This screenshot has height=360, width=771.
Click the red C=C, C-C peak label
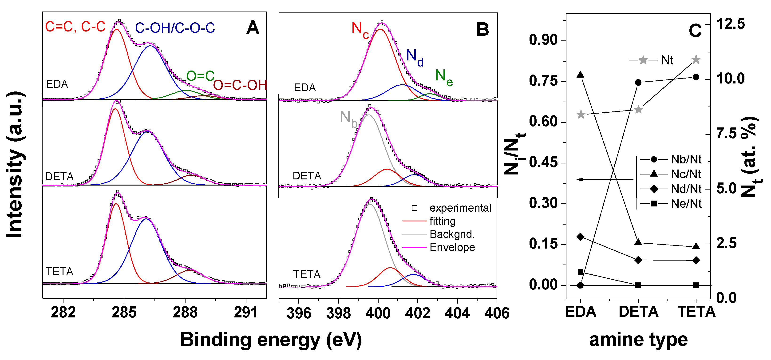[x=75, y=27]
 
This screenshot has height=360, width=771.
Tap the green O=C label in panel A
[x=200, y=76]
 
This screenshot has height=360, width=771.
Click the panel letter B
[x=482, y=30]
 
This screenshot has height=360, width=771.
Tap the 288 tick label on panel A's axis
[x=185, y=313]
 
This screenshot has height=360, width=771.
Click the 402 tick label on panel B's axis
[x=418, y=313]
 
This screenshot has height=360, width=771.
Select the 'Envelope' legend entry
[x=452, y=247]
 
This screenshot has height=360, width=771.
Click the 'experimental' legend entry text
[x=460, y=208]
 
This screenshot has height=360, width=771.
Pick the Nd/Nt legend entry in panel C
[x=686, y=189]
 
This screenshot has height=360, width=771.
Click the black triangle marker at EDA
[x=580, y=75]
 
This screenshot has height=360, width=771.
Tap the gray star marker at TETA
[x=696, y=59]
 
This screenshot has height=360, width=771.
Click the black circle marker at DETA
[x=638, y=82]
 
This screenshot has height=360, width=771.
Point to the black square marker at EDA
[x=580, y=272]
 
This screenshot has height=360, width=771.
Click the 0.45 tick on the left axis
[x=543, y=163]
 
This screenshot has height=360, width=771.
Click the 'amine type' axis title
[x=638, y=340]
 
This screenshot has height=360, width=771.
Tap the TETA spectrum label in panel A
[x=59, y=271]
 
